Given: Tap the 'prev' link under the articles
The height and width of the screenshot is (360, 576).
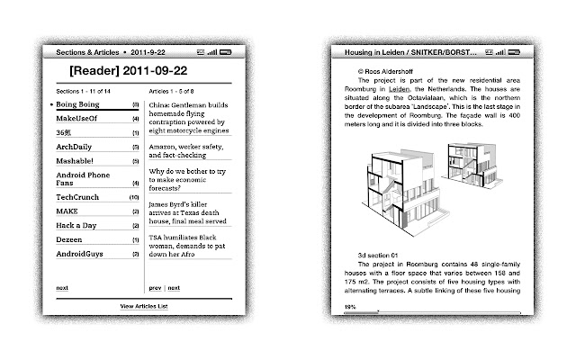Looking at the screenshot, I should pos(155,288).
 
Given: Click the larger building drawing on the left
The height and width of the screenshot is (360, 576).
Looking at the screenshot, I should pos(400,184).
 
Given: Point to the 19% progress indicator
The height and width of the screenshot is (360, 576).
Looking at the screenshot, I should pos(348,306).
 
